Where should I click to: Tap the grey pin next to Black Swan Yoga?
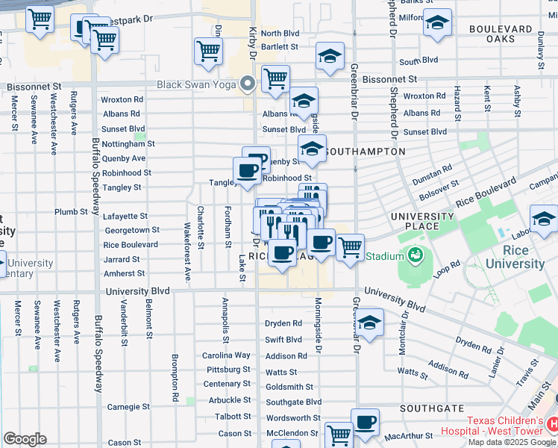[x=247, y=84]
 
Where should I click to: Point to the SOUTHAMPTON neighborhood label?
[x=367, y=152]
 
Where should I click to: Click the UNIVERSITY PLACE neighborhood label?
[x=422, y=221]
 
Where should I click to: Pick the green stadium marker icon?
[x=413, y=255]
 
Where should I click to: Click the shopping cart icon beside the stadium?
[x=349, y=246]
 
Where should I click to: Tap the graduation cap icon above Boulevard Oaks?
[x=439, y=23]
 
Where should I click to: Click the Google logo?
[x=25, y=438]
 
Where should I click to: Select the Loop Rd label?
[x=448, y=268]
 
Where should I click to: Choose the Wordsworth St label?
[x=293, y=418]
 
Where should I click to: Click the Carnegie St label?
[x=124, y=407]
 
